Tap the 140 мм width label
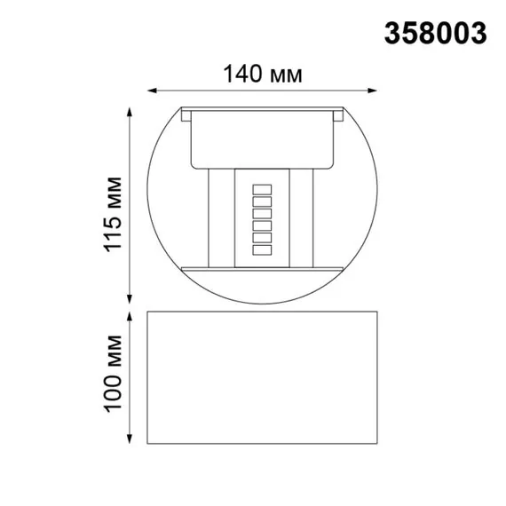263,75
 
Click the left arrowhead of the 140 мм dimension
152,90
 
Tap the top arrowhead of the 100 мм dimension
131,315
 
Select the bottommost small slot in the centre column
262,253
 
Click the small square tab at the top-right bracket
337,115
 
